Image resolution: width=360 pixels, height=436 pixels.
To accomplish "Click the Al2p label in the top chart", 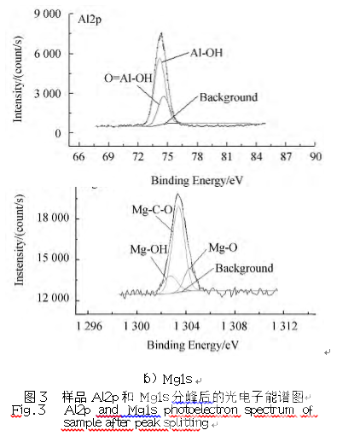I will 92,16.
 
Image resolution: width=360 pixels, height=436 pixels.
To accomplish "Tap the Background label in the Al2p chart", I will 228,97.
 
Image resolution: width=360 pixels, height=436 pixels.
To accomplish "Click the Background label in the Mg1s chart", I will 244,268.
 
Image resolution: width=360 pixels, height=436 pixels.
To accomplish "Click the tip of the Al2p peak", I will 161,33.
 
